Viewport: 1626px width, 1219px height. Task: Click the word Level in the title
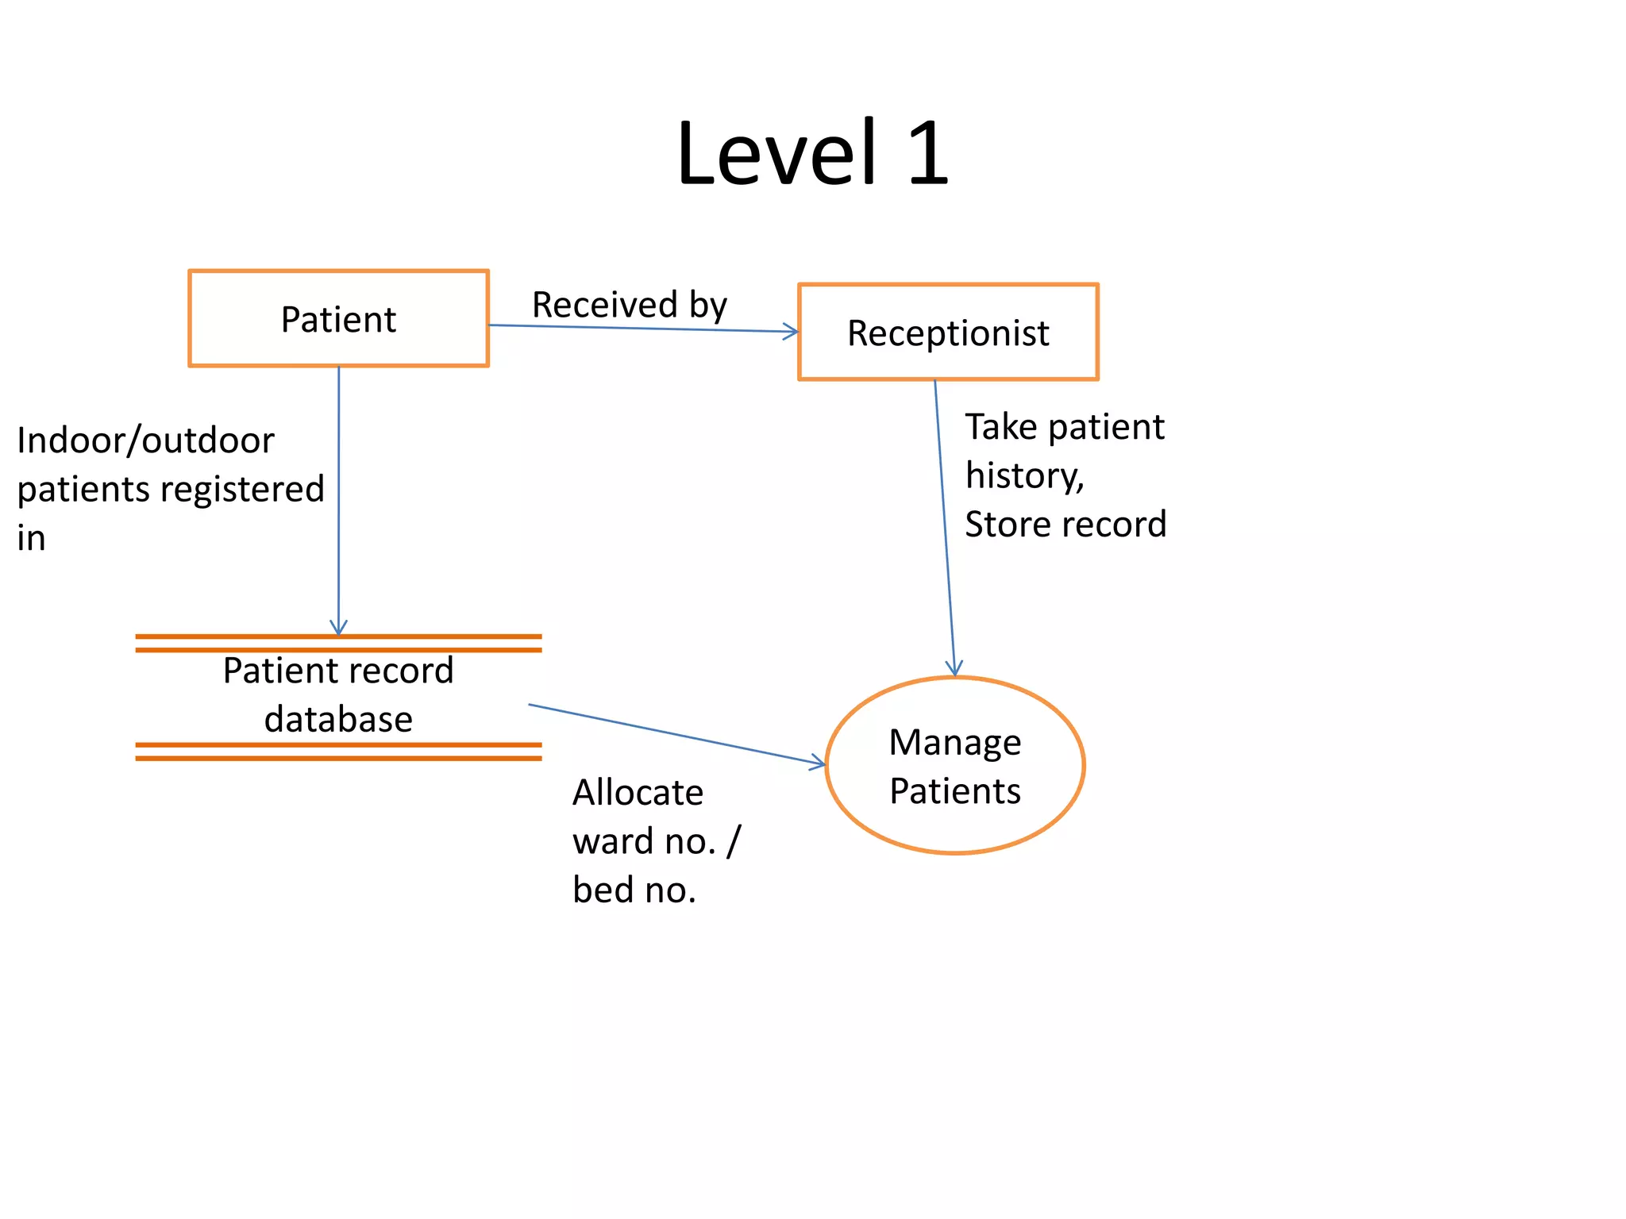776,152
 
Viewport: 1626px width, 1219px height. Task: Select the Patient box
338,318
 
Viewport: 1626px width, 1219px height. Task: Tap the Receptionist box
948,333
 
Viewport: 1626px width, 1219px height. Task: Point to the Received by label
629,305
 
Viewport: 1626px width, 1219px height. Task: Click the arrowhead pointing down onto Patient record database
339,629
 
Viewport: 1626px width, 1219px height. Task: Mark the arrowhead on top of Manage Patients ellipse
954,669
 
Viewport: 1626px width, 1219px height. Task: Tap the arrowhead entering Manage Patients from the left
819,763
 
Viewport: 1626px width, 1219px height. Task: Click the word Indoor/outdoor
145,440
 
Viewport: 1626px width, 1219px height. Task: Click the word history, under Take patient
1024,476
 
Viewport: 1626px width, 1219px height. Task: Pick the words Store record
1065,525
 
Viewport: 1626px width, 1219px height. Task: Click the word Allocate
638,793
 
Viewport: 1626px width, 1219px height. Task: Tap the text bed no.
634,890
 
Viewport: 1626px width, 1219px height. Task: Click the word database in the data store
338,719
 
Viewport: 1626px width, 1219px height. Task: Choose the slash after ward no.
734,841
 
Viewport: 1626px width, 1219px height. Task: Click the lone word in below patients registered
31,539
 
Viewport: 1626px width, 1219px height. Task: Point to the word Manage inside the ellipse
954,743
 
